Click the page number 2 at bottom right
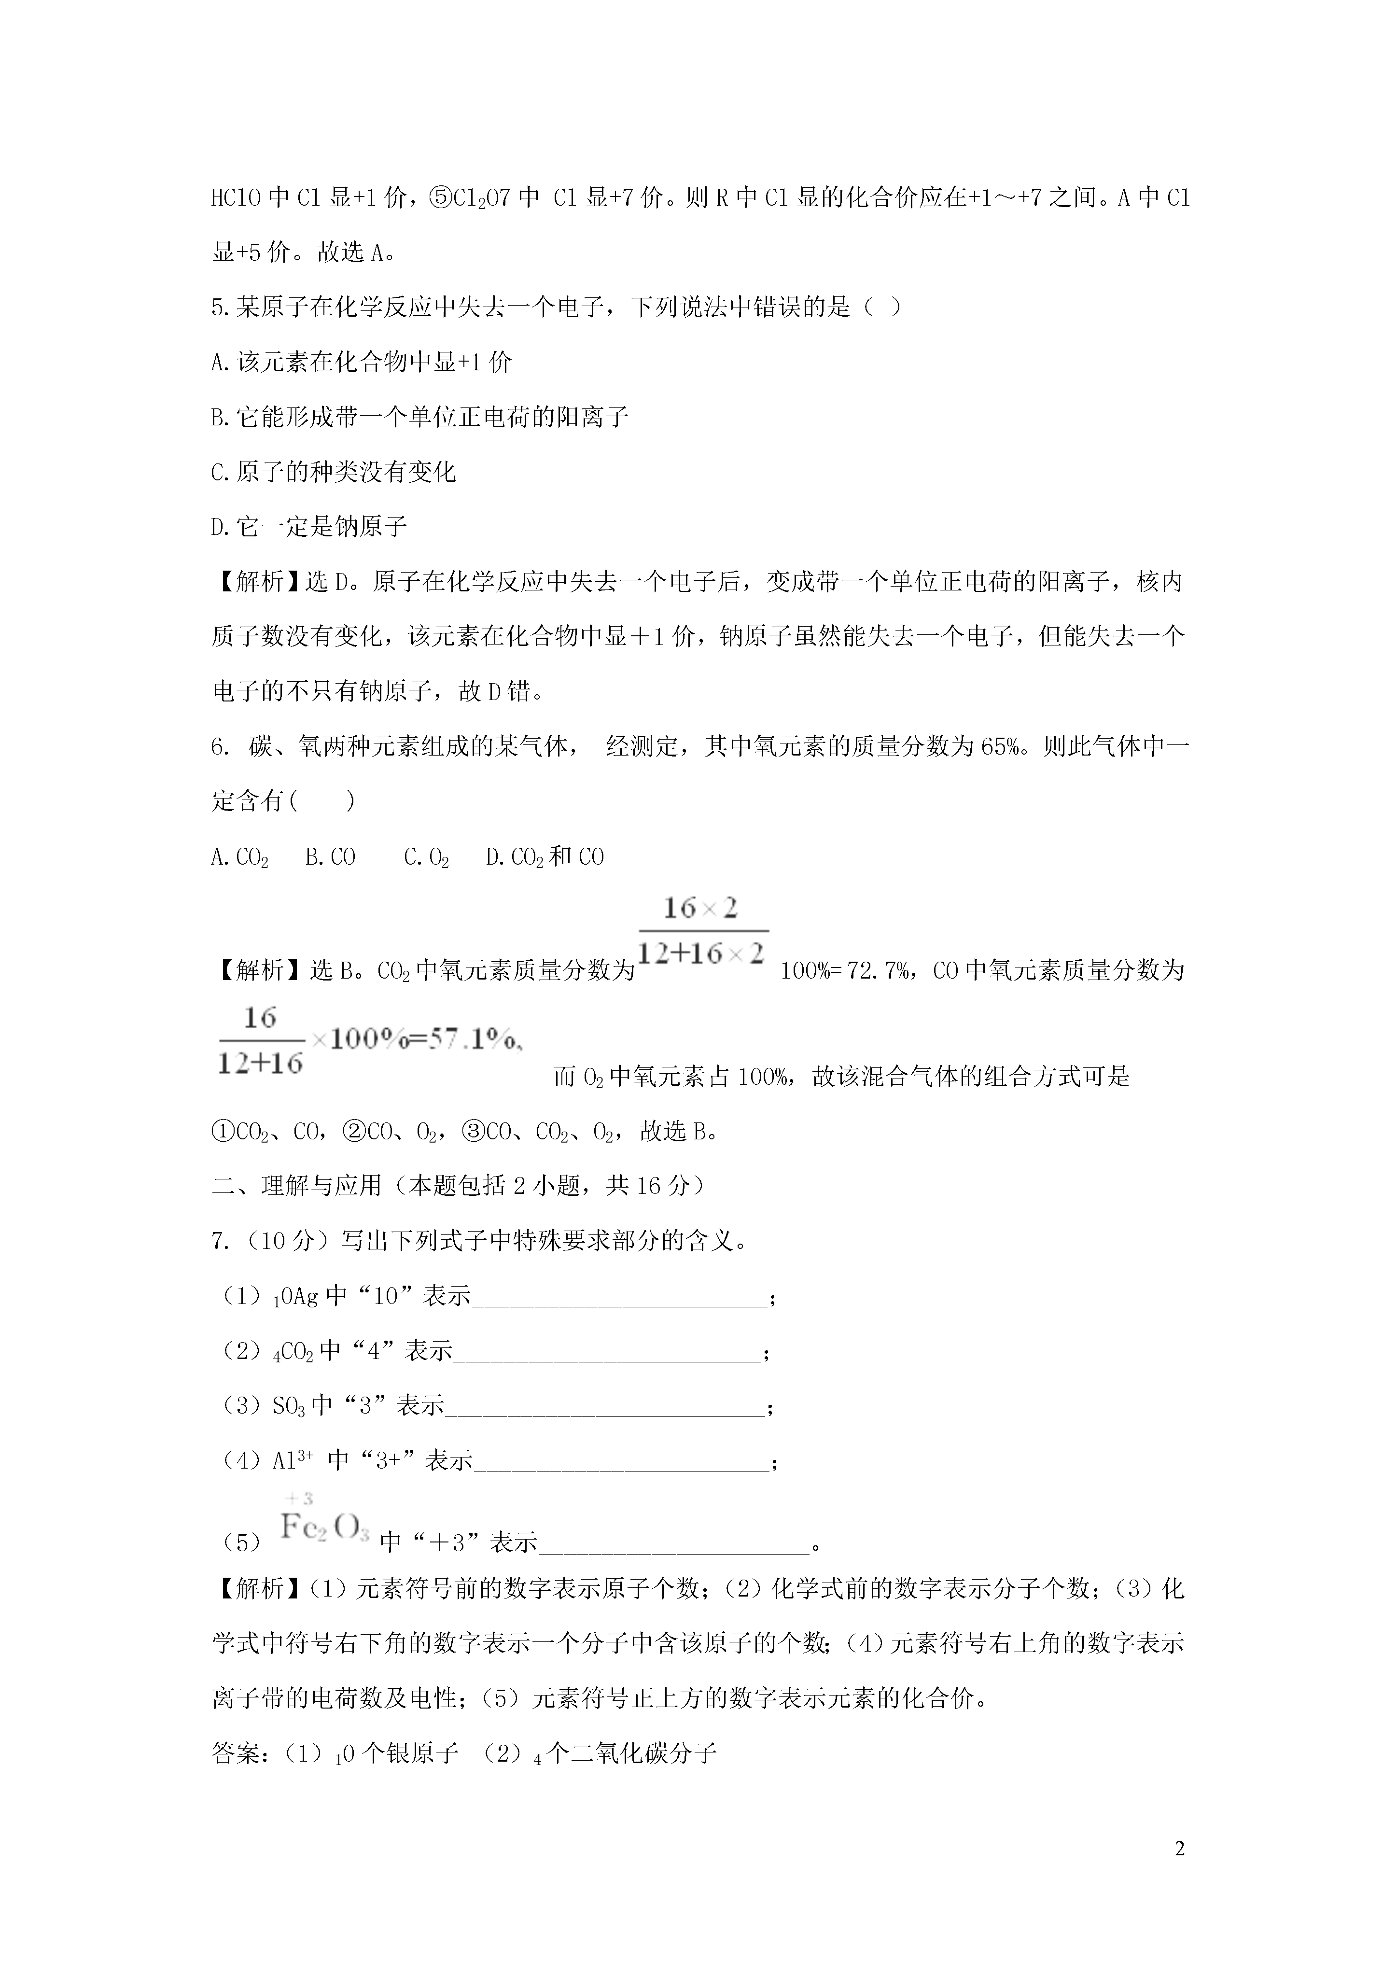(x=1179, y=1849)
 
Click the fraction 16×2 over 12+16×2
(x=702, y=931)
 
